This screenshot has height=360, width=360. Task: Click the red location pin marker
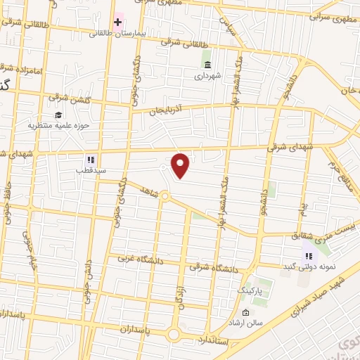(x=181, y=166)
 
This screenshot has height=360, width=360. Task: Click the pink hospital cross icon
(x=117, y=21)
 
